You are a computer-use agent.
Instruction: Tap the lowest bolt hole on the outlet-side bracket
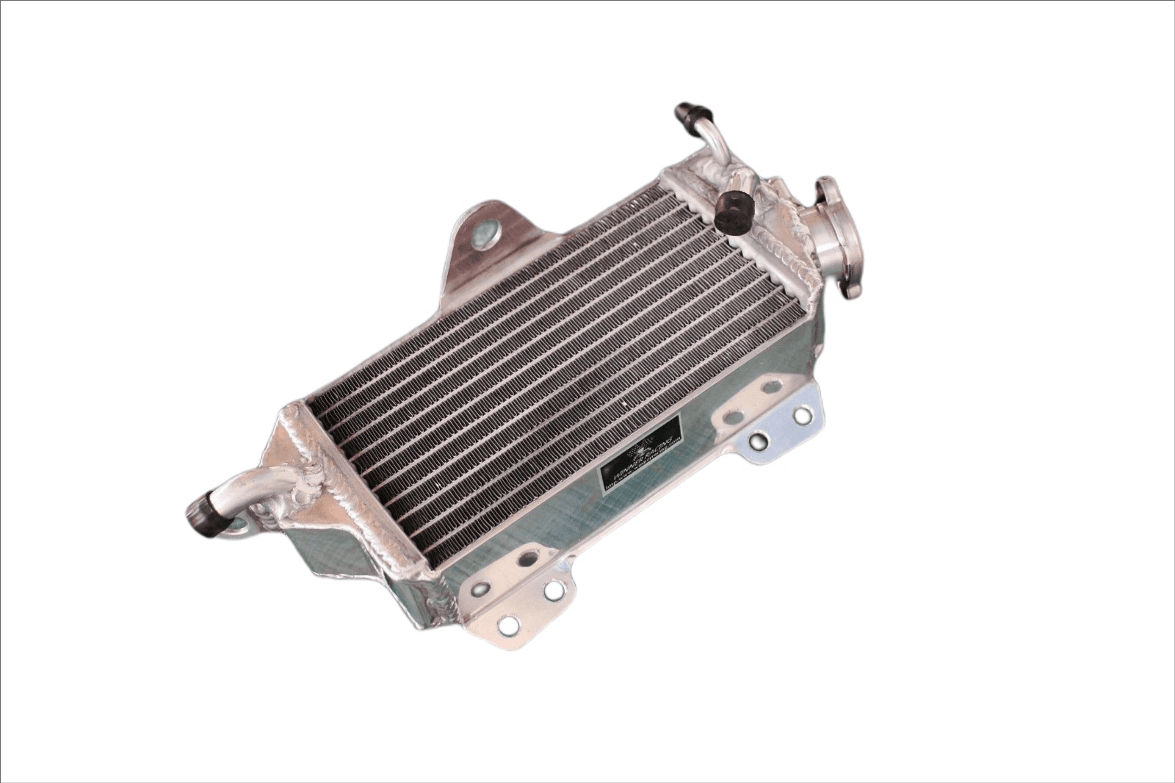tap(506, 624)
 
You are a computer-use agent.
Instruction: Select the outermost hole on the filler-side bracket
tap(803, 416)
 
